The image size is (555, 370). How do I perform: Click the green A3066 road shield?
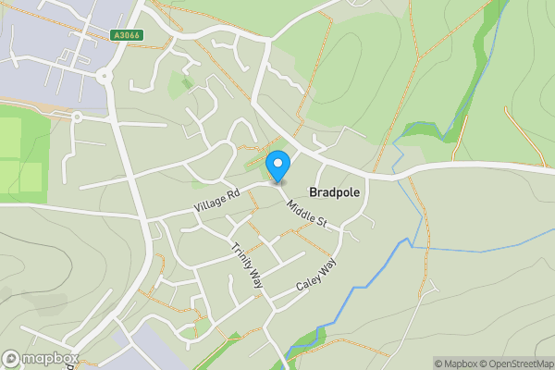tap(126, 35)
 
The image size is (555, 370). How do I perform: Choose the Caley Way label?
tap(316, 275)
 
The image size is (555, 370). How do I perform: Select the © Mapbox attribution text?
tap(455, 364)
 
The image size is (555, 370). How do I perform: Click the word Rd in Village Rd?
tap(232, 193)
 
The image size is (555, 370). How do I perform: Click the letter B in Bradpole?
tap(313, 193)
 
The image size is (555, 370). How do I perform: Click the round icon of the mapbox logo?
tap(11, 359)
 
